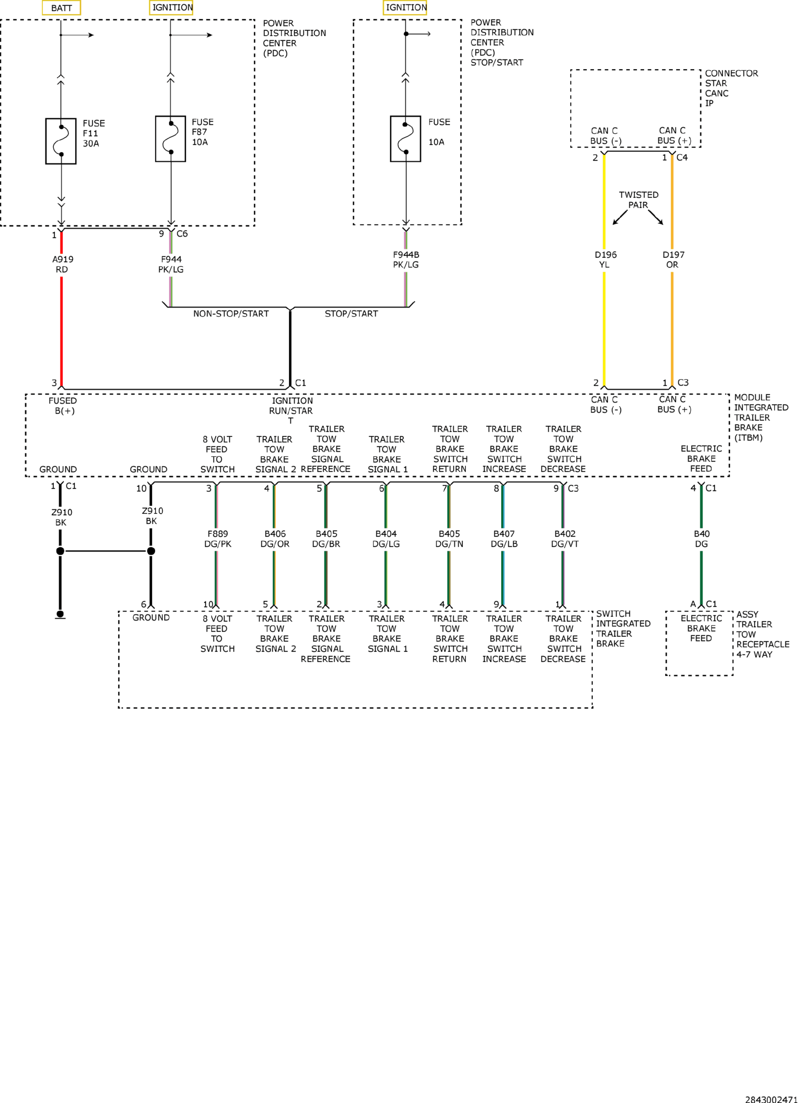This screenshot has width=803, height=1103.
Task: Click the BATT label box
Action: click(61, 8)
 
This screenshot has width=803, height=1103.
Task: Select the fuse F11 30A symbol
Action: click(61, 141)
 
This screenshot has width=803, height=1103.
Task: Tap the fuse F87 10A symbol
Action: click(171, 139)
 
